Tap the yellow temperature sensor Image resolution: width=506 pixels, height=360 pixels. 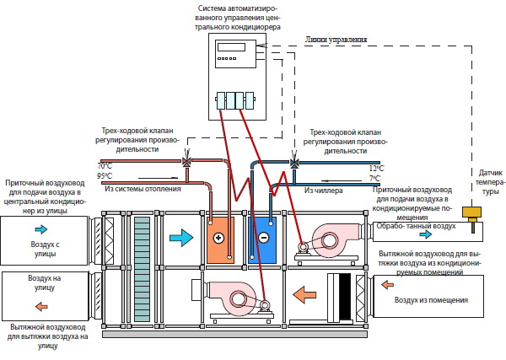point(476,225)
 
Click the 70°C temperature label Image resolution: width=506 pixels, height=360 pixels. point(105,167)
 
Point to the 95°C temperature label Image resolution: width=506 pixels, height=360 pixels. point(105,176)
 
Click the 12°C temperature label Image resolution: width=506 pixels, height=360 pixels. point(374,169)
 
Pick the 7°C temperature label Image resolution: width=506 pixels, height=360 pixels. point(374,179)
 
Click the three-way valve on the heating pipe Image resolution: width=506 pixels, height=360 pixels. point(191,163)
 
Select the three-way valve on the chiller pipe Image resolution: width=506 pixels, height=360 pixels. point(294,163)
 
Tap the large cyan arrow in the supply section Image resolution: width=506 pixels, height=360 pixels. point(181,239)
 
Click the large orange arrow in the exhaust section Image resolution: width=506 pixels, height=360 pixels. point(304,295)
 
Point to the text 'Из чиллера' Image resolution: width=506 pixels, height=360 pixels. point(321,191)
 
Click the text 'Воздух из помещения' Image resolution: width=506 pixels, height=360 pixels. point(433,300)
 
